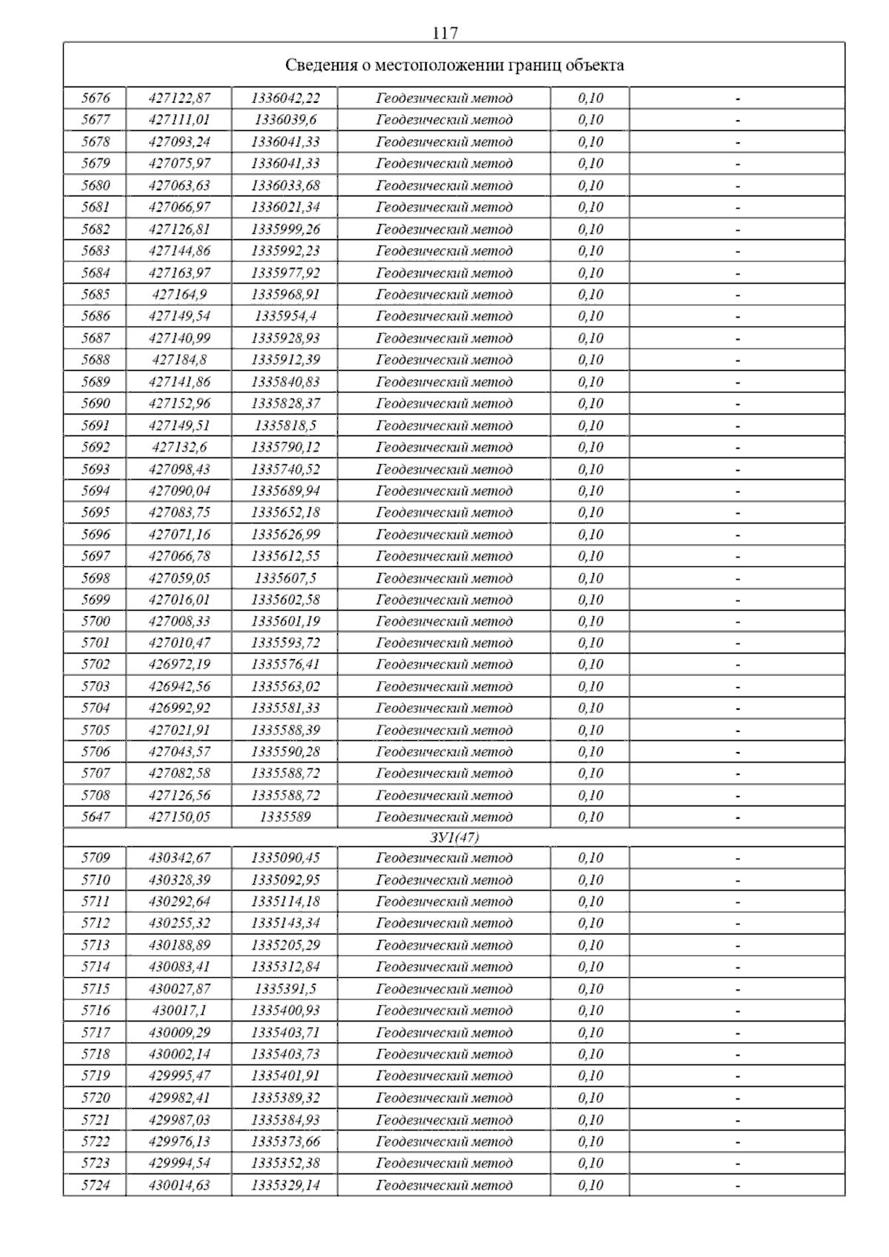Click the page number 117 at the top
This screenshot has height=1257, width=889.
tap(444, 33)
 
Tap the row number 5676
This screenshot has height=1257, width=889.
tap(96, 98)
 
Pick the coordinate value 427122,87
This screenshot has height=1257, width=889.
tap(179, 98)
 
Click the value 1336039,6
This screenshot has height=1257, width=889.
tap(285, 119)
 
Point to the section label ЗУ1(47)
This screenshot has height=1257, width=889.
tap(454, 837)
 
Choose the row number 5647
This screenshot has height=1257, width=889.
tap(96, 817)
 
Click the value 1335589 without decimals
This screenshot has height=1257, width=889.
tap(285, 817)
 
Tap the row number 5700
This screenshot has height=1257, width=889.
tap(96, 621)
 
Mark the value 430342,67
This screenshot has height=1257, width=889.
tap(179, 858)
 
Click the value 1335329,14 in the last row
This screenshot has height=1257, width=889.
tap(285, 1185)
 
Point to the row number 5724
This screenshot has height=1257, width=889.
tap(96, 1185)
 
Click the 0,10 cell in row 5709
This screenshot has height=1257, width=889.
tap(590, 858)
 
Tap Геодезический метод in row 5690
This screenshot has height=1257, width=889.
tap(444, 403)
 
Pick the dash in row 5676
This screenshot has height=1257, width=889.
tap(737, 98)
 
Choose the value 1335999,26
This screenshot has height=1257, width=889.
tap(285, 229)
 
